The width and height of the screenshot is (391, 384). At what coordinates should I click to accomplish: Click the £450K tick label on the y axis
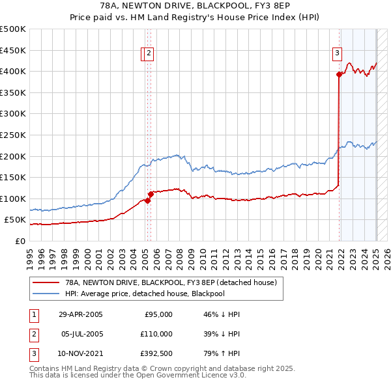pyautogui.click(x=13, y=50)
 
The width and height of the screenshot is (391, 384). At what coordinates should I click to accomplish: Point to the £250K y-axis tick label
pyautogui.click(x=13, y=135)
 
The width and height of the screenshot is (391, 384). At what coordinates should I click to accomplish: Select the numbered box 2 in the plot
pyautogui.click(x=149, y=53)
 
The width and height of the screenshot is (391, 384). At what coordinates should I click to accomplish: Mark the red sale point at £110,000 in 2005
pyautogui.click(x=150, y=194)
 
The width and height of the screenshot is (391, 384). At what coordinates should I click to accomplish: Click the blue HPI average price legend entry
pyautogui.click(x=153, y=294)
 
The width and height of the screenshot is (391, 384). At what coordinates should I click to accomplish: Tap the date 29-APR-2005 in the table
pyautogui.click(x=81, y=314)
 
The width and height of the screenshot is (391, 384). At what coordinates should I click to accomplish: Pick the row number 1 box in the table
pyautogui.click(x=33, y=314)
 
